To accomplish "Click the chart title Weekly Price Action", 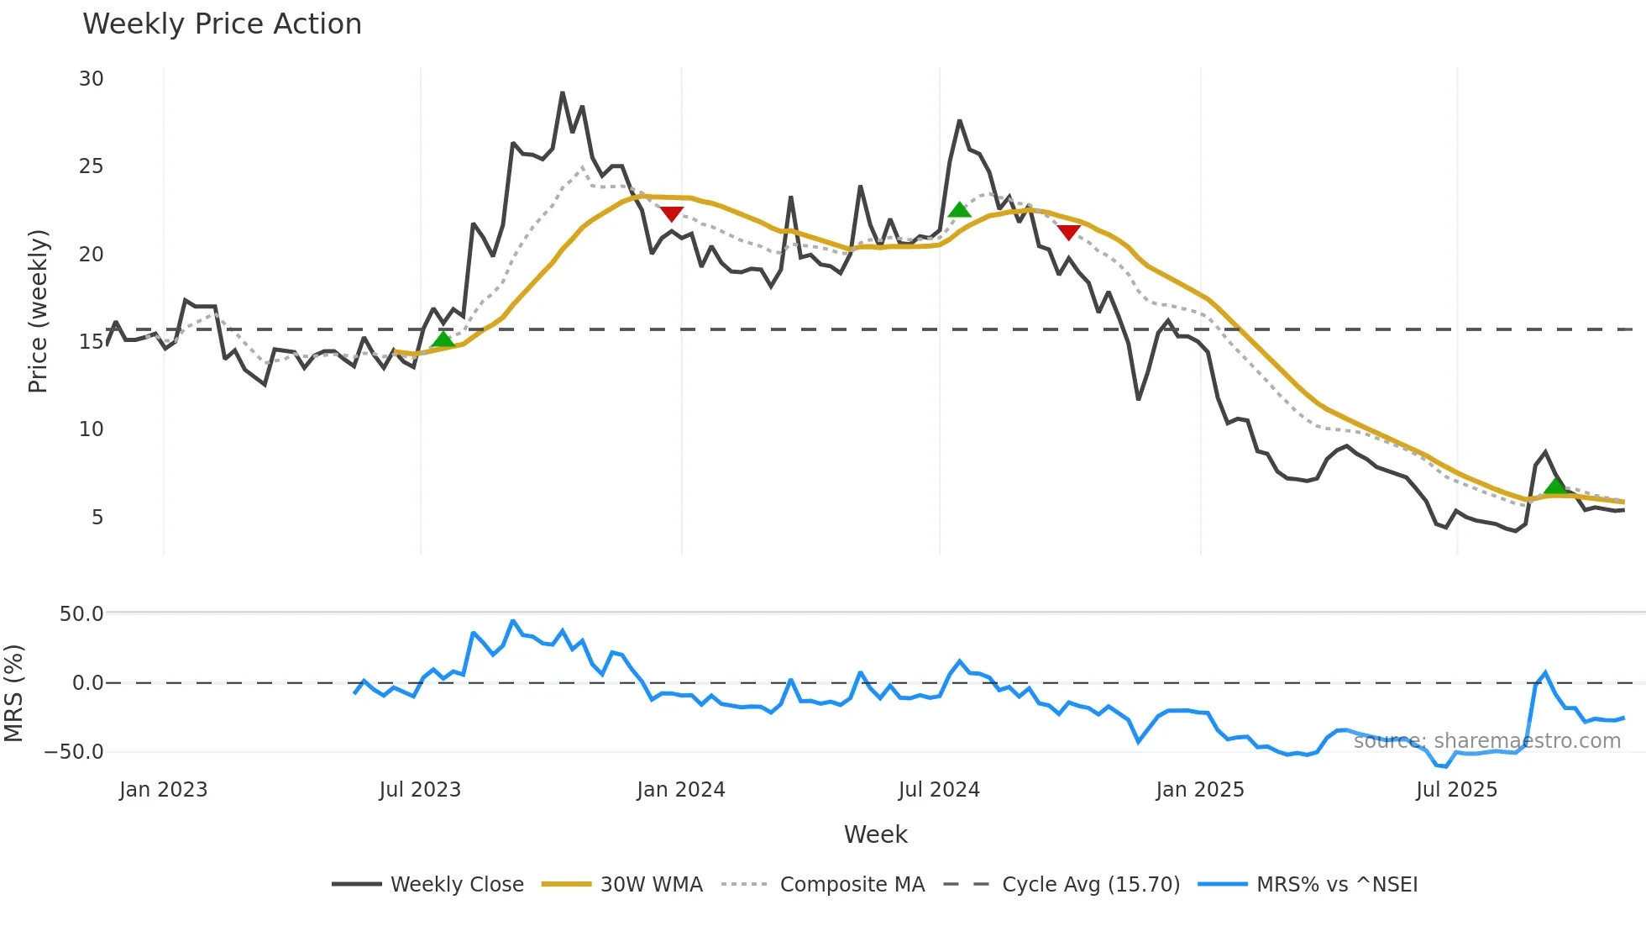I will tap(222, 24).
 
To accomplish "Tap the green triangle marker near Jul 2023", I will tap(443, 339).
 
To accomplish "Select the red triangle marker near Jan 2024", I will tap(671, 213).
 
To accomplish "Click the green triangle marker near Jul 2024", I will tap(959, 210).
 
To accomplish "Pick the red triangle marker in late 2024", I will tap(1068, 232).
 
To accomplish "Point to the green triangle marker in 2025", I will tap(1555, 486).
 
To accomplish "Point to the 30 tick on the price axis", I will tap(92, 79).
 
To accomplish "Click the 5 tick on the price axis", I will tap(97, 517).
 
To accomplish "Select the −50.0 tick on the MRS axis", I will tap(74, 751).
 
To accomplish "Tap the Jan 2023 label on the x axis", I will tap(163, 790).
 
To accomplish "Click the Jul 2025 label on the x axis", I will tap(1456, 790).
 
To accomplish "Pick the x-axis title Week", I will tap(875, 834).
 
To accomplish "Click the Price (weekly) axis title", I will tap(38, 311).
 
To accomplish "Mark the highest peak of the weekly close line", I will tap(563, 92).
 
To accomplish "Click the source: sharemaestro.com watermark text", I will tap(1486, 741).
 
